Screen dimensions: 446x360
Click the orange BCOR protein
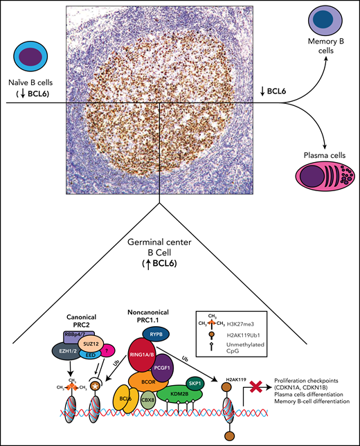(149, 383)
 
